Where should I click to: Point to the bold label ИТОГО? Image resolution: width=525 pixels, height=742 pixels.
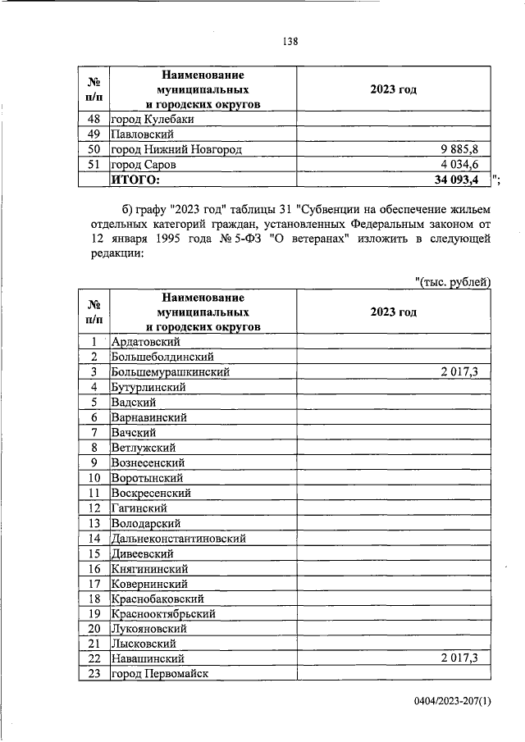(x=135, y=180)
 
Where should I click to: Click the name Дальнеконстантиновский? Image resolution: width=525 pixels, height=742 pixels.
(x=178, y=538)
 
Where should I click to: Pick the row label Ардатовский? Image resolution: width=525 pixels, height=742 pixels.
(x=145, y=342)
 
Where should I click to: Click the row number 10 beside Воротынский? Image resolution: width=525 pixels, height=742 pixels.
(x=94, y=477)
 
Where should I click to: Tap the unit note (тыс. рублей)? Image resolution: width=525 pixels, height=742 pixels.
(x=454, y=283)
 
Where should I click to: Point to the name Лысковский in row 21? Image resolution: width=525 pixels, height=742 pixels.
(x=141, y=644)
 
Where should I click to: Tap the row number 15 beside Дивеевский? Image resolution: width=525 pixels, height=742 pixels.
(x=94, y=553)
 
